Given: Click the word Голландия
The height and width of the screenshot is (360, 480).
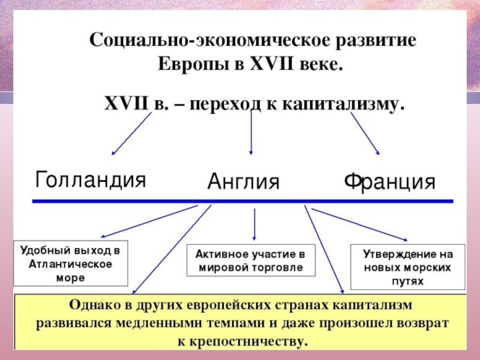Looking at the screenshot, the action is (91, 179).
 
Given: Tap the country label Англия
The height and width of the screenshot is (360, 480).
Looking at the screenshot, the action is (244, 181).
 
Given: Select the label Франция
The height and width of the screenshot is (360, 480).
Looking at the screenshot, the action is (389, 182).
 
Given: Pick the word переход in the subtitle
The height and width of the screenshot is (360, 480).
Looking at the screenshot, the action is (224, 104).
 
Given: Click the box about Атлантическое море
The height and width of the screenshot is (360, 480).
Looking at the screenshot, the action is (71, 263).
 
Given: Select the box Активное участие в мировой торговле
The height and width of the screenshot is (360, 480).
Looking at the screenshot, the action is (251, 260).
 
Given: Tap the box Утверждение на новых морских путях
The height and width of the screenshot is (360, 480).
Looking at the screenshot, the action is (408, 267).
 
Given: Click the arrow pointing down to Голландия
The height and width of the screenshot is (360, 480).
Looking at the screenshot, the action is (131, 134).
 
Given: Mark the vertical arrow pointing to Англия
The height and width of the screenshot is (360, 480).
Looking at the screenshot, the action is (251, 133).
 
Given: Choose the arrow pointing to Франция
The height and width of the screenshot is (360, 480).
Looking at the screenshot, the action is (365, 134).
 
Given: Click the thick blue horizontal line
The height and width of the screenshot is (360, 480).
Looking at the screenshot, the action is (243, 201).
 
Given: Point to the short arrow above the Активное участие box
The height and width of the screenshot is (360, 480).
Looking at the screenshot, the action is (254, 224).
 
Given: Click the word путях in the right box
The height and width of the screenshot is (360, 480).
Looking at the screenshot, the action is (408, 281).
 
